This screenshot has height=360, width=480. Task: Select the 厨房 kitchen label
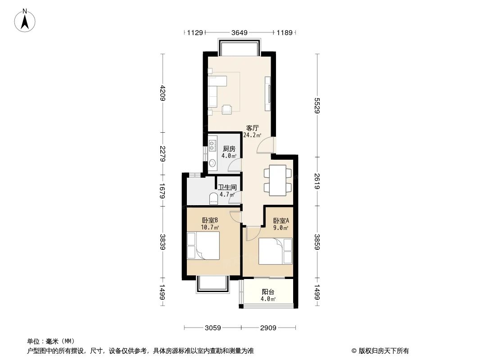229,148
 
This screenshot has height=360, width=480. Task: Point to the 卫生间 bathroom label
227,188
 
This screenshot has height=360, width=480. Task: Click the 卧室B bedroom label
210,220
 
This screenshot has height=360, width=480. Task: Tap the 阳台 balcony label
268,292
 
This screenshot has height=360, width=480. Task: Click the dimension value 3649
239,32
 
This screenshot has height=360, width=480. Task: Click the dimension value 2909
267,328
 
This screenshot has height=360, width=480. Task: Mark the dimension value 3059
213,328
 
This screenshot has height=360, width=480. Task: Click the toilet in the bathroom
213,198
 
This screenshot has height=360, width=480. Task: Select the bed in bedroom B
203,246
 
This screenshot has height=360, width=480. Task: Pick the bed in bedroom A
276,252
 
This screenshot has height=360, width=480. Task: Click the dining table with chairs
277,180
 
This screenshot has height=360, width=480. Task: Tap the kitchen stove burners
213,146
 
